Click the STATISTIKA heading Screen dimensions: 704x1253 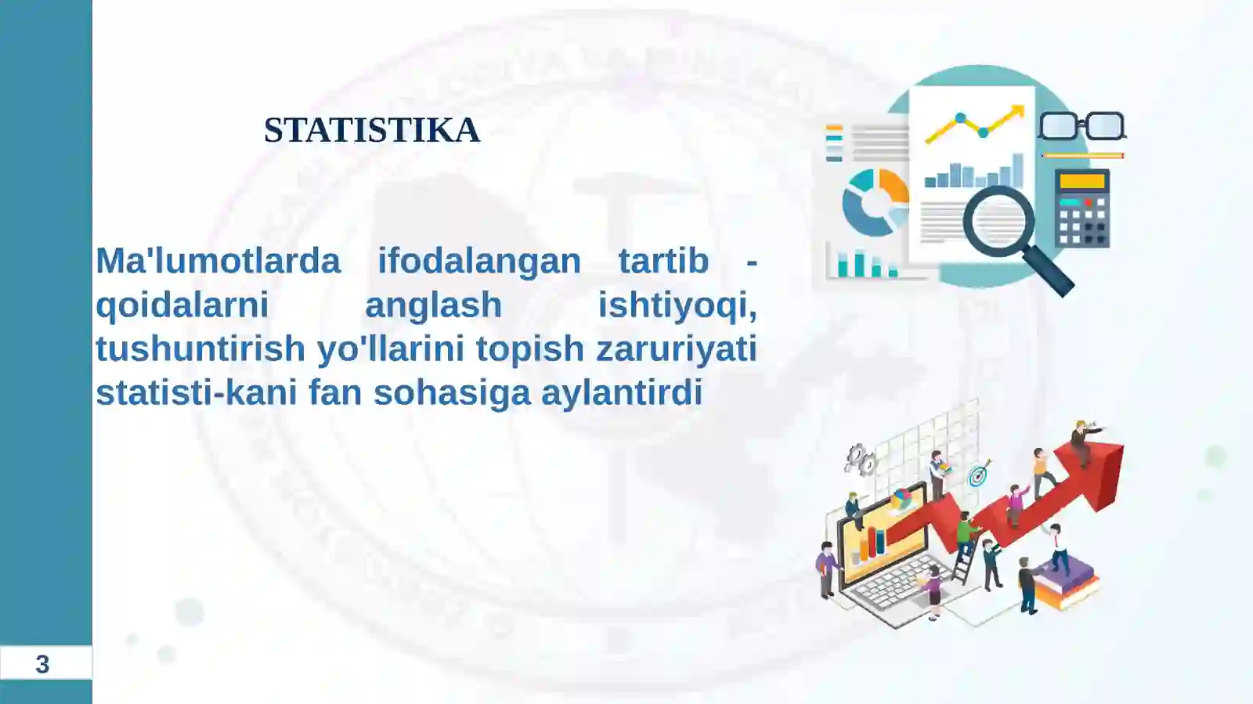point(371,130)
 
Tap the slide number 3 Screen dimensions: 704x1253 point(42,664)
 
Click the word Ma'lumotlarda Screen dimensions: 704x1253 point(218,261)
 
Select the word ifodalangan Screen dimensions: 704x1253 point(479,261)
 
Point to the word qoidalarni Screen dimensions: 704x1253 point(182,305)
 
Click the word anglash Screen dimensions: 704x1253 point(433,305)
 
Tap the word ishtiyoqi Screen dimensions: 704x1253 point(677,305)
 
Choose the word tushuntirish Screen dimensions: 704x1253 point(200,348)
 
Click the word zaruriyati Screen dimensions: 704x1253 point(677,348)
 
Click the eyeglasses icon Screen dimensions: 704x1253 point(1081,126)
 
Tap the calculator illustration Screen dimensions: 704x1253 point(1081,208)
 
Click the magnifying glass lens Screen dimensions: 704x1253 point(998,221)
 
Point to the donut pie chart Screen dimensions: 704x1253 point(875,202)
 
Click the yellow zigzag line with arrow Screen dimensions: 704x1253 point(975,125)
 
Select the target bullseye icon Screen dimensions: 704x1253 point(977,475)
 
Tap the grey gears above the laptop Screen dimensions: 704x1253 point(860,460)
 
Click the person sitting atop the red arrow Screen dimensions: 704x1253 point(1084,441)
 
